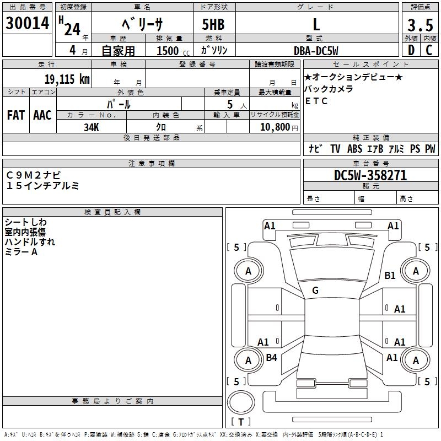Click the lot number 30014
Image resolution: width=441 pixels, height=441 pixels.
pyautogui.click(x=27, y=23)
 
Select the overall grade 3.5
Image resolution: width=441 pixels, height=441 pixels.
pyautogui.click(x=420, y=25)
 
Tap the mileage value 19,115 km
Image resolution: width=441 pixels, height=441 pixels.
pyautogui.click(x=67, y=79)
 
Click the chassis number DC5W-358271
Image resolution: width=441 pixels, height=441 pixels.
pyautogui.click(x=370, y=175)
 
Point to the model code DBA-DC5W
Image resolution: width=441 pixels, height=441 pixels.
pyautogui.click(x=316, y=51)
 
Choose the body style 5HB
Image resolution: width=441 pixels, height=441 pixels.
pyautogui.click(x=213, y=24)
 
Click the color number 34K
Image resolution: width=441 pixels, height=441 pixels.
pyautogui.click(x=92, y=127)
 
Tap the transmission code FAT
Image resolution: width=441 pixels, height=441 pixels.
pyautogui.click(x=16, y=115)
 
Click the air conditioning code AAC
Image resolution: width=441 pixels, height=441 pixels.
pyautogui.click(x=42, y=115)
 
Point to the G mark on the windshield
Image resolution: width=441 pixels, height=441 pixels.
pyautogui.click(x=315, y=291)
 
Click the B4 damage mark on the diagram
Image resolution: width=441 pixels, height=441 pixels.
pyautogui.click(x=271, y=357)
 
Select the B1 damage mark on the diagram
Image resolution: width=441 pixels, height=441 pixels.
pyautogui.click(x=390, y=275)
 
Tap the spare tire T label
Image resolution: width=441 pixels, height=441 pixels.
pyautogui.click(x=241, y=422)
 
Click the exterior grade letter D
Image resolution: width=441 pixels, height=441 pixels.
pyautogui.click(x=411, y=50)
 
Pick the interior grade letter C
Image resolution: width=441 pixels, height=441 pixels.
pyautogui.click(x=429, y=50)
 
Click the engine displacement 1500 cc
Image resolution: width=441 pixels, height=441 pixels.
pyautogui.click(x=173, y=51)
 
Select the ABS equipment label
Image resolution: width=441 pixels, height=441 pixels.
pyautogui.click(x=354, y=149)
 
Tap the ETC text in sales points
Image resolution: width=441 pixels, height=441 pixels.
pyautogui.click(x=316, y=101)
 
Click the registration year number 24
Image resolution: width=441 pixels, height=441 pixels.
pyautogui.click(x=72, y=30)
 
